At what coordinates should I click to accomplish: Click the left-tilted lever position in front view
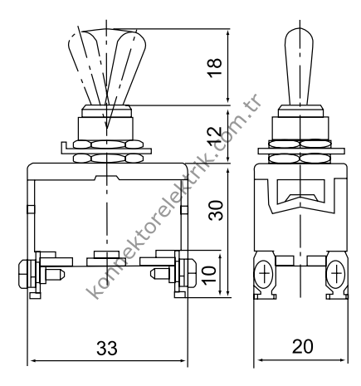[x=89, y=66]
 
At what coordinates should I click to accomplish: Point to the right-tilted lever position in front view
[x=129, y=66]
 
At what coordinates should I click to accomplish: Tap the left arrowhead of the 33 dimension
[x=33, y=361]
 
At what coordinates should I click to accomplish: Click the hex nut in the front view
[x=106, y=149]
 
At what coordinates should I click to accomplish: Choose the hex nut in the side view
[x=300, y=149]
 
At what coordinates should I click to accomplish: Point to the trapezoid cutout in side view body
[x=300, y=197]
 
